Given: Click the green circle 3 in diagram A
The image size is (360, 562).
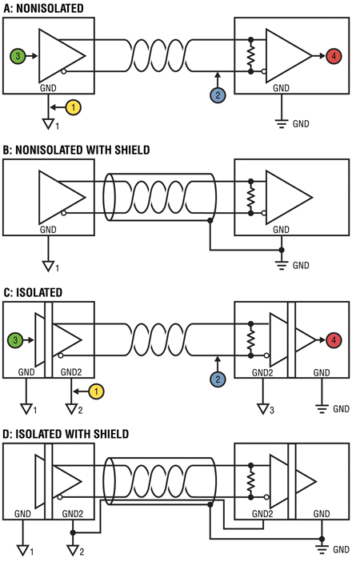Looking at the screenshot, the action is point(18,56).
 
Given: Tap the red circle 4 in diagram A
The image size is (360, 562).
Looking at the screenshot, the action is point(334,56).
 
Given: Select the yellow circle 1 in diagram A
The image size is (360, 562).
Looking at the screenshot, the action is point(74,107).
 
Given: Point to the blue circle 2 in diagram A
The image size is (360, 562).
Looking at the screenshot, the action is point(218,95).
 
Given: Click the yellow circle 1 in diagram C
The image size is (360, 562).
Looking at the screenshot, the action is point(96,391).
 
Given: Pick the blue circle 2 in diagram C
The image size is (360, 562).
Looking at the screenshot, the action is point(218,379).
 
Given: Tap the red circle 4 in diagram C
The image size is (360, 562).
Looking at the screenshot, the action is point(334,339).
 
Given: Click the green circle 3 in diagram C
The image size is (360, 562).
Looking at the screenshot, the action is point(15,339).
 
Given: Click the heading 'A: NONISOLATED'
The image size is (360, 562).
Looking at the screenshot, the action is point(43,8).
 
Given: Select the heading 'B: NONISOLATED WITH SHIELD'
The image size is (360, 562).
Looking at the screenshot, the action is point(76,150).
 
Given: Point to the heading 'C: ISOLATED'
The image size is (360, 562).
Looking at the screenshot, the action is point(33,292).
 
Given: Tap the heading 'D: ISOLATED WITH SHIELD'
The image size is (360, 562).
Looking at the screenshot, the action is point(66,434).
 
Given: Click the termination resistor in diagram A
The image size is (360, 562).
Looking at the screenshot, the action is point(250,55).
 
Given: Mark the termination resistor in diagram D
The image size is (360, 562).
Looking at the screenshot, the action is point(250,481).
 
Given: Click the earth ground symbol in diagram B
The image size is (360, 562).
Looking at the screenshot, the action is point(282,265).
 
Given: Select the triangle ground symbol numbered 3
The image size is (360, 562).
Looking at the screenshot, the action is point(263,408).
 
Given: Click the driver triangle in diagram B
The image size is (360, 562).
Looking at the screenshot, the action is point(62,197).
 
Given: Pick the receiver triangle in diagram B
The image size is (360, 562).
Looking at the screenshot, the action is point(289,197).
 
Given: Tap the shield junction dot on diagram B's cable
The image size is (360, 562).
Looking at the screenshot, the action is point(210,221).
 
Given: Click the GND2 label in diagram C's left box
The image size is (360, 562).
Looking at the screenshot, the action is point(71,372).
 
